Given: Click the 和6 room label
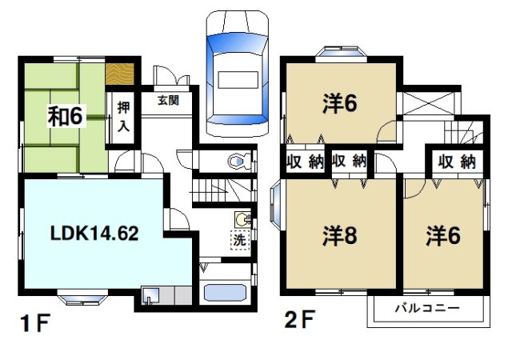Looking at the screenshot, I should coord(66,116).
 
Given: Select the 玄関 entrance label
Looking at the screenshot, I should coord(167,102).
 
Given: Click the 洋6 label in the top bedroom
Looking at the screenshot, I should coord(339,105).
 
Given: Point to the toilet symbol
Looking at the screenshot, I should coord(238,162).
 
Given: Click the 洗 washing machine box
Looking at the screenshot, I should coord(240,238).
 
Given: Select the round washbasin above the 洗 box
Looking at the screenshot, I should coord(242,219).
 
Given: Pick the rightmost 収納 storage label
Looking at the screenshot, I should coord(457,162).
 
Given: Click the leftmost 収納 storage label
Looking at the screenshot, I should coord(305,162).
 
